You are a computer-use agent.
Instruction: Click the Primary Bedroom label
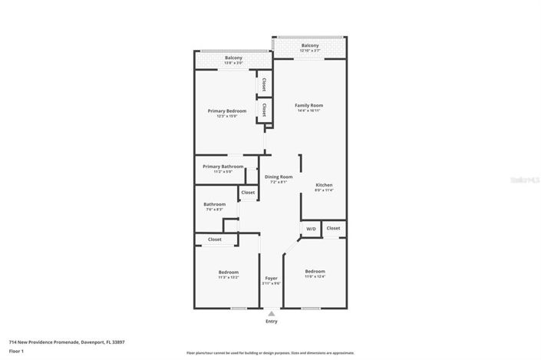(227, 111)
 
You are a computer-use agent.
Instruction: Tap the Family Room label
(309, 105)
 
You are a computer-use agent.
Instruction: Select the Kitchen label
(324, 185)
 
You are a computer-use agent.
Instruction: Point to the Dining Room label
(279, 177)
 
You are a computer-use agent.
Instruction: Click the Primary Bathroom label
(223, 167)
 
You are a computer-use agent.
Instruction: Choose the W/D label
(311, 229)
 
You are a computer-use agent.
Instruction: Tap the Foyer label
(271, 277)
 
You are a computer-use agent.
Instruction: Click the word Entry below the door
(272, 321)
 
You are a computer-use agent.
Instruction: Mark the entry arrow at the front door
(271, 312)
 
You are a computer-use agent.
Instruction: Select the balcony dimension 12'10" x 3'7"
(310, 51)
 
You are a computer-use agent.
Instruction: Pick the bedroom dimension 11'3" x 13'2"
(228, 277)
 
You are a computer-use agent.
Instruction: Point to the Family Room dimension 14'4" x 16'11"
(309, 111)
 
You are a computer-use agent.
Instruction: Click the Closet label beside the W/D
(333, 228)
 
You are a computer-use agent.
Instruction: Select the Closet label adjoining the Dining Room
(248, 193)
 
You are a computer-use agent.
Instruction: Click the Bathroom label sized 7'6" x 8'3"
(214, 204)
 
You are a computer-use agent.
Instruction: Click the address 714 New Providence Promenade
(66, 342)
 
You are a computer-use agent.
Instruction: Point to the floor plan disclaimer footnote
(270, 352)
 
